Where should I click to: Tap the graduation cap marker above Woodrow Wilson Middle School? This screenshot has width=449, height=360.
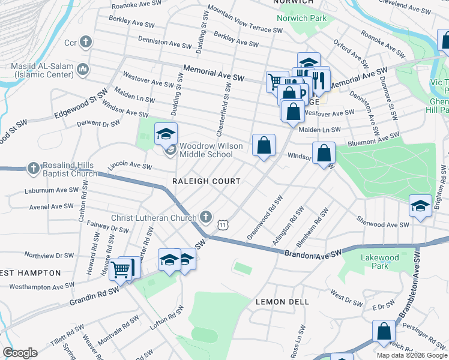pos(166,133)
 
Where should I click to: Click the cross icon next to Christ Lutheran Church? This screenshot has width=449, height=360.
pos(206,215)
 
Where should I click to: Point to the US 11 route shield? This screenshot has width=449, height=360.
pos(223,224)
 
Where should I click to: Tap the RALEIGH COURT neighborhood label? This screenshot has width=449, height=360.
pos(206,181)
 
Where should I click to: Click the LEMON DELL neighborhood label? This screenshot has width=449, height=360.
pos(282,302)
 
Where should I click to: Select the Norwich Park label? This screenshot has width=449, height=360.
pos(301,18)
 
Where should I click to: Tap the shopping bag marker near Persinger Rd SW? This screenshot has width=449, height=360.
pos(384,331)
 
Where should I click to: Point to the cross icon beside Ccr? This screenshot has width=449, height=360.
pos(86,43)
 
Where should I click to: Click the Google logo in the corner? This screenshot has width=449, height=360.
pos(20,353)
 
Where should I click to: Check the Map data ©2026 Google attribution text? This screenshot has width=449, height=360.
pos(411,355)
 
